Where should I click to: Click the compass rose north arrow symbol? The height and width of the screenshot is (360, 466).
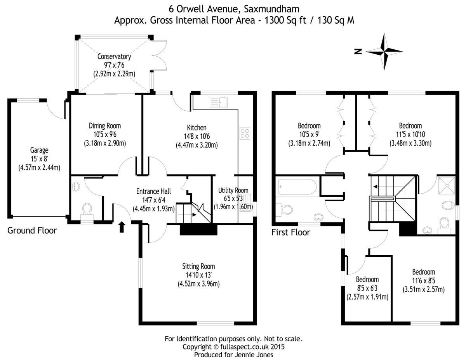click(384, 51)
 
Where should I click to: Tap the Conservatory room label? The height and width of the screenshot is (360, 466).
click(114, 57)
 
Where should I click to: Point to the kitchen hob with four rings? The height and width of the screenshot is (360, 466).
click(245, 133)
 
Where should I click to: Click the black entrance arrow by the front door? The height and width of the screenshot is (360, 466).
click(122, 227)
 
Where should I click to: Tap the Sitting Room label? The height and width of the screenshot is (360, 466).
click(198, 266)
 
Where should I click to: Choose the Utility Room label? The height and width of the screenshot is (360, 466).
click(233, 190)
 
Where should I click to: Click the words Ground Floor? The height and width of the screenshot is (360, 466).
click(32, 231)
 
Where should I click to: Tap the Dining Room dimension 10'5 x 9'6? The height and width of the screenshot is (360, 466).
click(105, 134)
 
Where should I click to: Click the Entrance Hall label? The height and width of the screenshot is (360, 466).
click(154, 191)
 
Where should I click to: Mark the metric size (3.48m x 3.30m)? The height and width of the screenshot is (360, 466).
click(410, 143)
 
